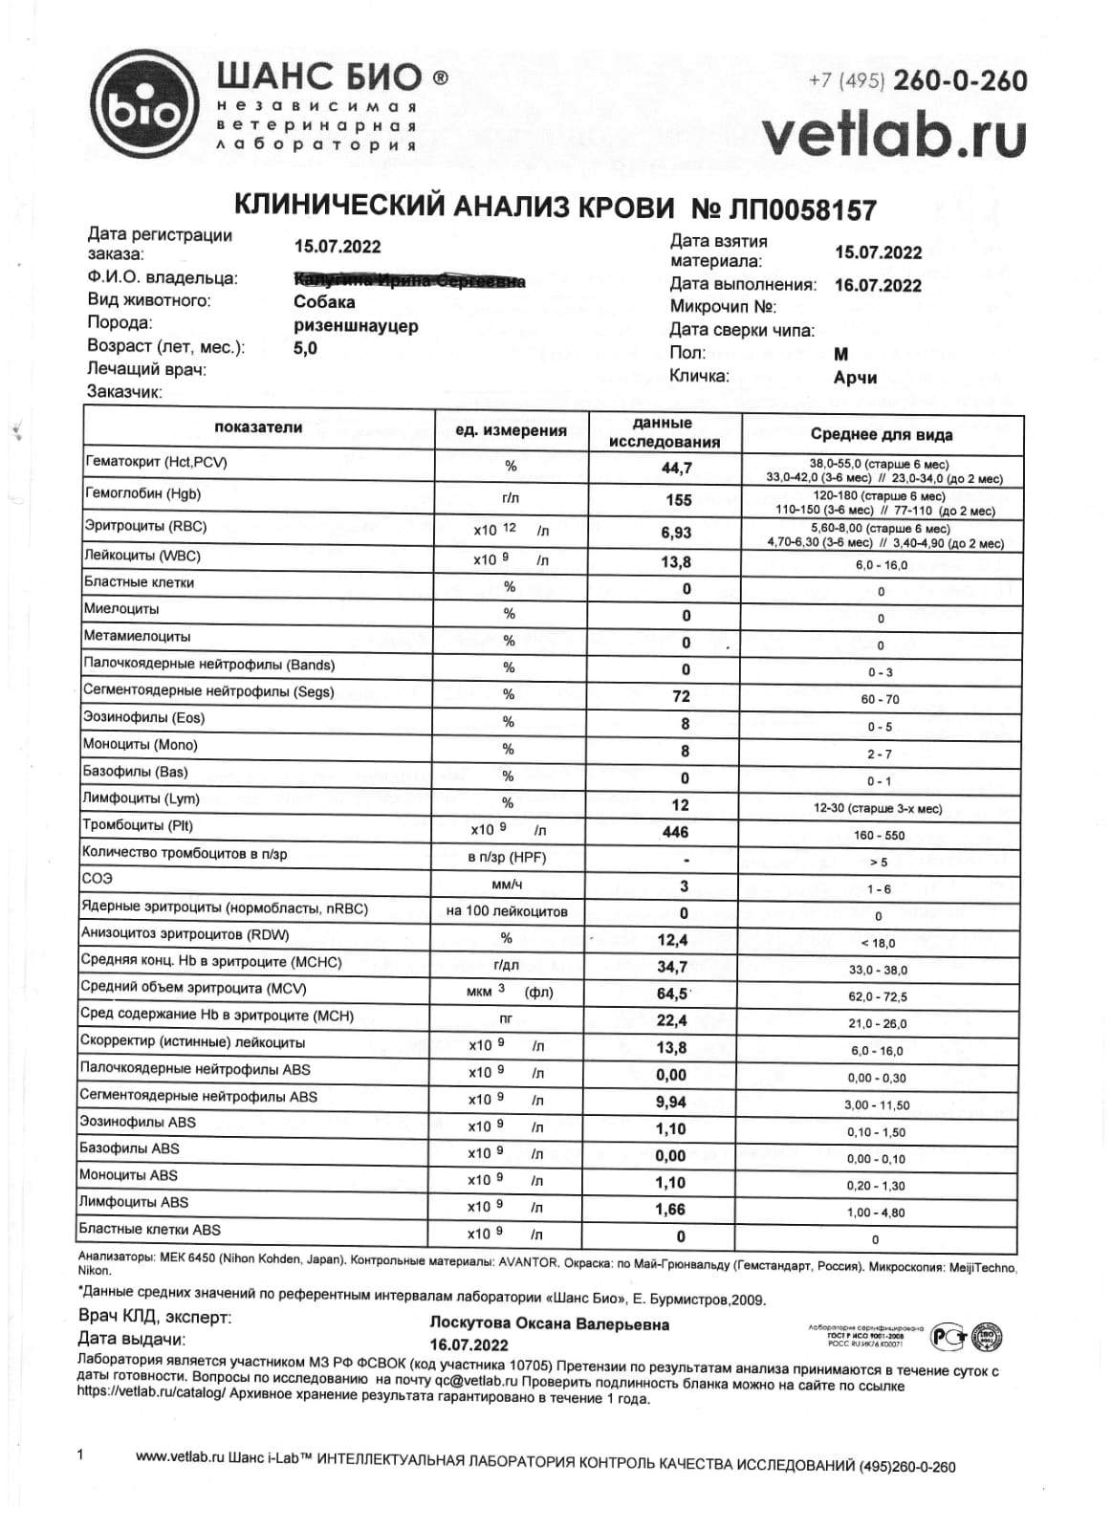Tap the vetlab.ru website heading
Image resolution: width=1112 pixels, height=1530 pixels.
pos(894,135)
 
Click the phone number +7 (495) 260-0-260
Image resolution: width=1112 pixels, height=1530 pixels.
pos(917,81)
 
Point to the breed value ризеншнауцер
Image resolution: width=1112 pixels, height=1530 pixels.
pos(356,325)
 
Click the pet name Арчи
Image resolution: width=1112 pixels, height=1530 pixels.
pos(855,378)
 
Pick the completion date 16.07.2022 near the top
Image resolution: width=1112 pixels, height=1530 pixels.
pos(878,286)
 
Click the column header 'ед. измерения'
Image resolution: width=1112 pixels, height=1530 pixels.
pos(511,431)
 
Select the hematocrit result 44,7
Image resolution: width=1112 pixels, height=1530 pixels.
pos(675,468)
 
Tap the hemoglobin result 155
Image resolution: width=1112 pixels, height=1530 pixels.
pos(678,500)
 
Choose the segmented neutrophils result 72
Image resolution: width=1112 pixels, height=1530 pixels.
pos(680,696)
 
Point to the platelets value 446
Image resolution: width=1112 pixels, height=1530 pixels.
pos(675,833)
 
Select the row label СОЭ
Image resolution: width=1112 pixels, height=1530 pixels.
pos(98,878)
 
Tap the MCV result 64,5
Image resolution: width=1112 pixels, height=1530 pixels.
pos(673,994)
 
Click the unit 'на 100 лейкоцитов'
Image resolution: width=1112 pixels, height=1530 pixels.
pos(507,912)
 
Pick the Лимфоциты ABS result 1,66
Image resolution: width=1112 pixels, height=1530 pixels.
pos(670,1210)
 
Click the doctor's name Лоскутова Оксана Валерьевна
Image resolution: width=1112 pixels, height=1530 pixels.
pos(550,1325)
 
